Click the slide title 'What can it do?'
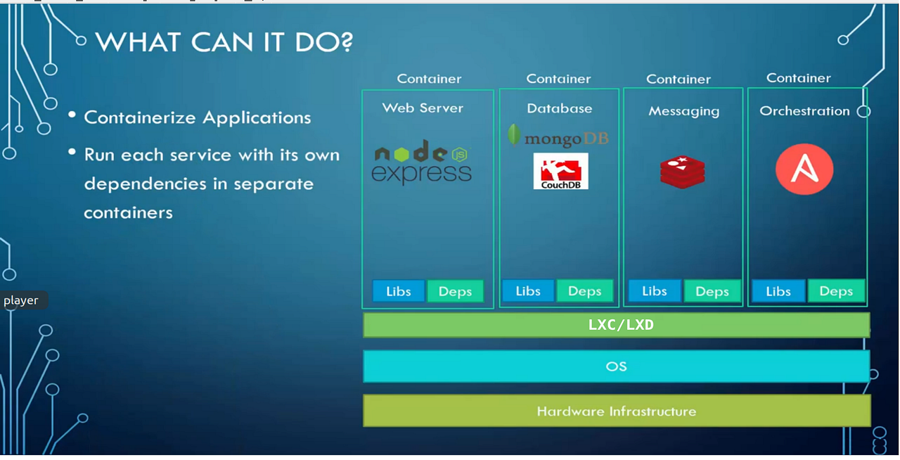pos(224,42)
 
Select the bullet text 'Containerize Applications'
pos(197,117)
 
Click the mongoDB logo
pos(558,137)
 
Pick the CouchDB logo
pos(560,172)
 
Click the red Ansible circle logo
pos(804,170)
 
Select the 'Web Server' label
pos(423,108)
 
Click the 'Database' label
pos(559,108)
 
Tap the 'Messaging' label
pos(683,111)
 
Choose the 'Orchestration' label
pos(804,111)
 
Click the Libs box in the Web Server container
pos(398,291)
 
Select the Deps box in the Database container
pos(584,291)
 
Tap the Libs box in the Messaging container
pos(654,291)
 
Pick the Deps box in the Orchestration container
pos(835,291)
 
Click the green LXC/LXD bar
pos(616,325)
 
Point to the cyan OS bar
pos(616,366)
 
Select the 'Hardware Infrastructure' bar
pos(616,411)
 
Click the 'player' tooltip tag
pos(22,300)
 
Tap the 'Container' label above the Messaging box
pos(679,79)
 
